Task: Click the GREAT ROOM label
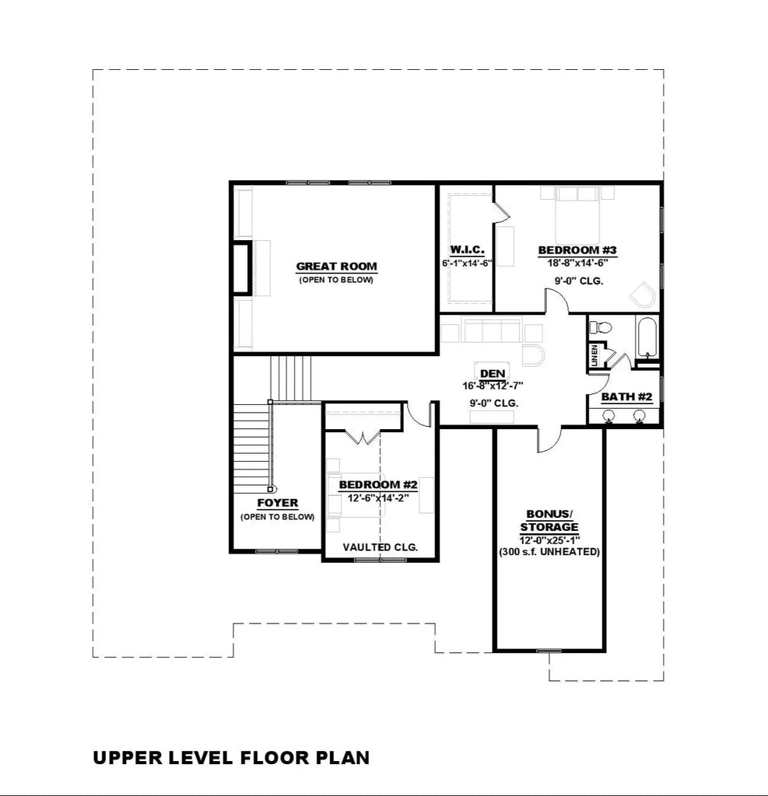(336, 267)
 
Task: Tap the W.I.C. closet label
(467, 250)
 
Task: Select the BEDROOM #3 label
(577, 250)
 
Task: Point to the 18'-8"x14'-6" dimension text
(577, 263)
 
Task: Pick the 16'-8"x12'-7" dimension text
(493, 385)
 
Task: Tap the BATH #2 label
(626, 396)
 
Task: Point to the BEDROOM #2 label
(378, 485)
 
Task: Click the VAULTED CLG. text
(380, 547)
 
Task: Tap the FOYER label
(277, 503)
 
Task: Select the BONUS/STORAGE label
(549, 521)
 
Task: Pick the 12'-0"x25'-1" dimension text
(549, 539)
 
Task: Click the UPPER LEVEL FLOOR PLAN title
(231, 757)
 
